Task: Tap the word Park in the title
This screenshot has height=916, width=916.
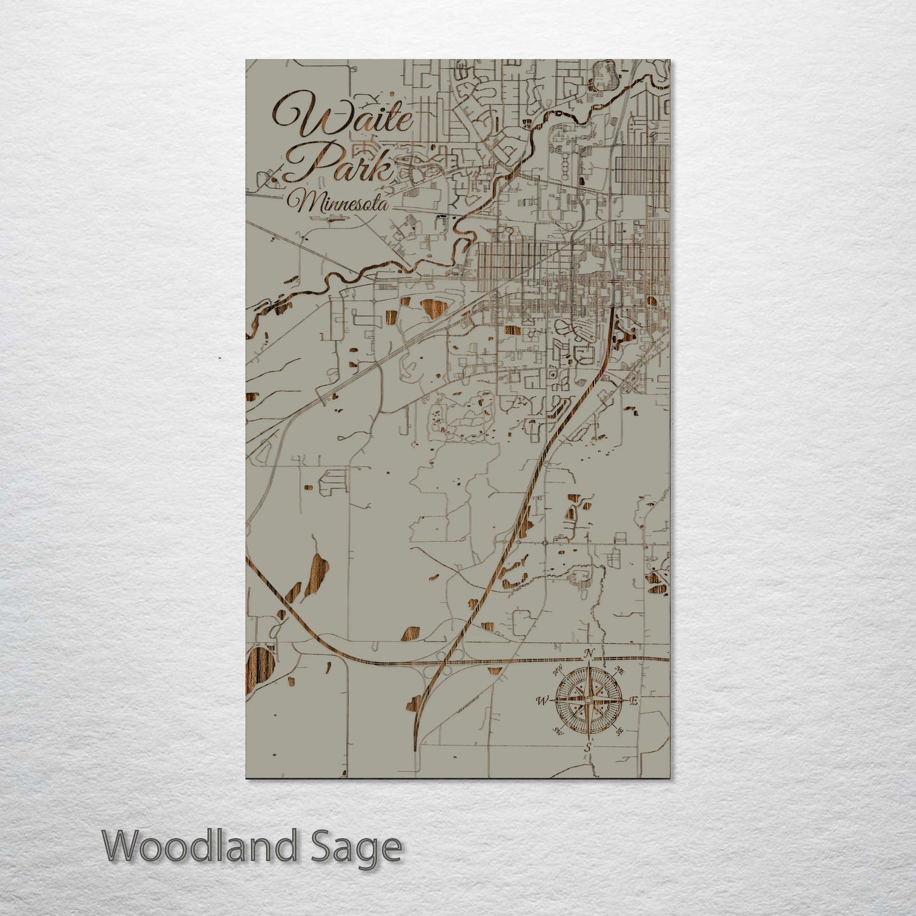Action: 345,164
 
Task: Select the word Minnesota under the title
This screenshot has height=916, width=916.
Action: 337,202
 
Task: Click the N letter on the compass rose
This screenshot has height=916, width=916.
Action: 589,654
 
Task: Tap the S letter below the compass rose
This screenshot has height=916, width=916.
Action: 588,748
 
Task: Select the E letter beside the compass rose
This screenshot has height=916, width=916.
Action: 633,700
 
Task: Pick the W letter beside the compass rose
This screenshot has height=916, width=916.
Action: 542,700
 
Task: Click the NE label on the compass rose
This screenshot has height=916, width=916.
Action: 619,671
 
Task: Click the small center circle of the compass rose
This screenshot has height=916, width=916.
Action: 588,700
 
